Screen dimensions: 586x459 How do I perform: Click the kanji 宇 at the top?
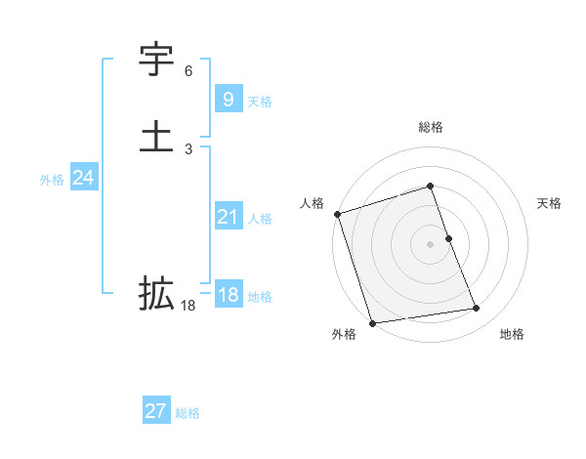(x=157, y=60)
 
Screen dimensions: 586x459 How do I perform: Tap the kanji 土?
(x=157, y=136)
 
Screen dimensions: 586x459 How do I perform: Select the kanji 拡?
(x=157, y=292)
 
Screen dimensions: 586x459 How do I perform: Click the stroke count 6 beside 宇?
(x=188, y=71)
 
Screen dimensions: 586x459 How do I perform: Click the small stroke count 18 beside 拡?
(x=188, y=306)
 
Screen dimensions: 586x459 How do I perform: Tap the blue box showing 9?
(x=227, y=99)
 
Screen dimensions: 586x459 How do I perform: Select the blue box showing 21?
(x=227, y=217)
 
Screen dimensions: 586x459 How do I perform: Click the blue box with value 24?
(x=83, y=178)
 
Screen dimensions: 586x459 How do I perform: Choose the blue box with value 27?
(x=155, y=411)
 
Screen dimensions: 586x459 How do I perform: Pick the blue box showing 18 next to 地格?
(x=228, y=295)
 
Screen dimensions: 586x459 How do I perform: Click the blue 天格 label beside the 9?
(x=260, y=102)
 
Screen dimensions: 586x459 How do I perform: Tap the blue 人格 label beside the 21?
(x=260, y=219)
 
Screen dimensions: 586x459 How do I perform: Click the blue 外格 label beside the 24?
(x=52, y=180)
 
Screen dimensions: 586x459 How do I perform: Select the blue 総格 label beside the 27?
(x=188, y=413)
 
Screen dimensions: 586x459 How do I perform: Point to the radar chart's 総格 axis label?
(x=431, y=127)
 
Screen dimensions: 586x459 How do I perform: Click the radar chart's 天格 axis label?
(x=549, y=203)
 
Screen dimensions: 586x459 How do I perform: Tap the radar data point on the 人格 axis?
(x=337, y=214)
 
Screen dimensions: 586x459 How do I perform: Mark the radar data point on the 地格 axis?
(x=477, y=309)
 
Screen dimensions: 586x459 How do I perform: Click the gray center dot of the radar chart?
(x=430, y=243)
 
